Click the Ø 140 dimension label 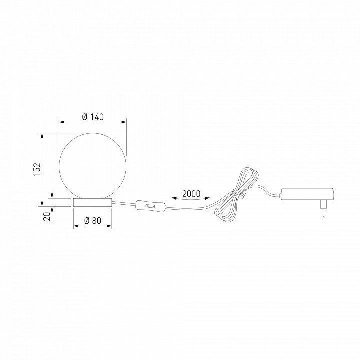(93, 117)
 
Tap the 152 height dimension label (37, 169)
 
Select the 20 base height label (47, 216)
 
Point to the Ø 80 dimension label (93, 221)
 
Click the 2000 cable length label (191, 194)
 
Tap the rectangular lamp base (93, 202)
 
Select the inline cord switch (150, 206)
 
